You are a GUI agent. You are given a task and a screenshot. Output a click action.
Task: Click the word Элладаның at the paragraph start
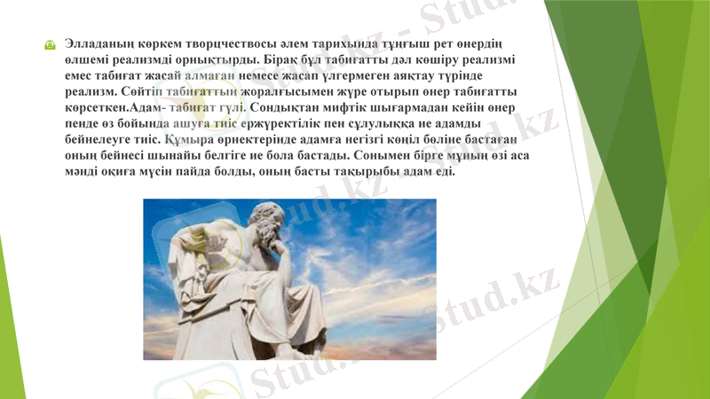(99, 43)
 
